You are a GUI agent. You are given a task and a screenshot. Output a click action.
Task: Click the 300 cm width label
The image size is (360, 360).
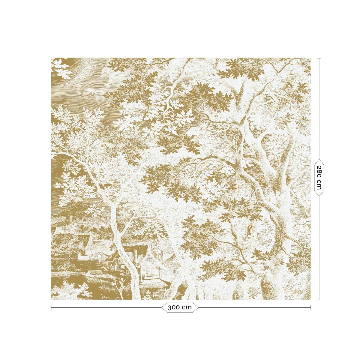[x=180, y=307]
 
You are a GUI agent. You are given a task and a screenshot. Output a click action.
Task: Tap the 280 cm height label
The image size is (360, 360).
[x=319, y=178]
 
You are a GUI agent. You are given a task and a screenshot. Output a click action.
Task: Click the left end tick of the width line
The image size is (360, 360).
[x=51, y=307]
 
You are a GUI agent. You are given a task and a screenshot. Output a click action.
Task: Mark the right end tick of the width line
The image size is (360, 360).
[x=310, y=307]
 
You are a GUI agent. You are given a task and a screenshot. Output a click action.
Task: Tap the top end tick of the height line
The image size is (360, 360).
[x=319, y=58]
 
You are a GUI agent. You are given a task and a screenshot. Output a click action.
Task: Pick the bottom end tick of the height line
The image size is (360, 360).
[x=319, y=299]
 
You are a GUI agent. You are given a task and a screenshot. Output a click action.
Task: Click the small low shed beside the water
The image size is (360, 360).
[x=95, y=273]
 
